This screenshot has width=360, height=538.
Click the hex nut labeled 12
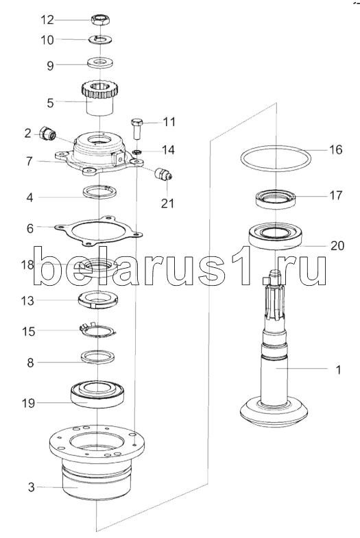(x=100, y=20)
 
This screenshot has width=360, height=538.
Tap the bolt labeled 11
(x=136, y=128)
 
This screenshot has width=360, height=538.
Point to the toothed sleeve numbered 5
(x=99, y=98)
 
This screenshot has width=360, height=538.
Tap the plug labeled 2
(x=48, y=133)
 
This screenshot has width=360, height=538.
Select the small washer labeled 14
(x=136, y=151)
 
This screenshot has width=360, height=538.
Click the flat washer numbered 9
(x=99, y=63)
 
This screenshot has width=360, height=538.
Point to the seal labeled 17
(x=276, y=199)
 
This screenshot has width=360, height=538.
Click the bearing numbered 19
(x=99, y=395)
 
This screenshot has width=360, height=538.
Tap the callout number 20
(x=337, y=245)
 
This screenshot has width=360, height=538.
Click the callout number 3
(x=32, y=487)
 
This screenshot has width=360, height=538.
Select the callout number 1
(x=338, y=370)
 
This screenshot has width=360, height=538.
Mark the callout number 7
(x=30, y=161)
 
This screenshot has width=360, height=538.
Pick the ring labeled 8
(x=98, y=357)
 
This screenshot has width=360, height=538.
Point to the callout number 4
(x=30, y=197)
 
